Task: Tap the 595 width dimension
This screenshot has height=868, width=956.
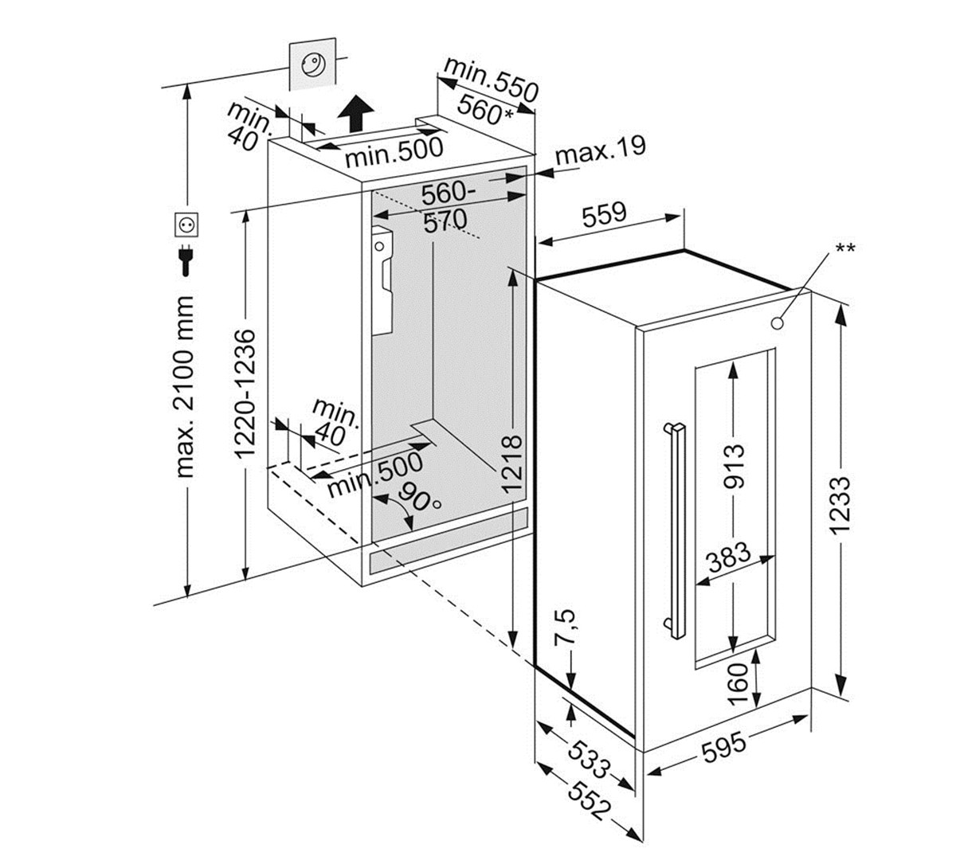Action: click(723, 748)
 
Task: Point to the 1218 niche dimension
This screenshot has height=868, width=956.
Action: click(512, 462)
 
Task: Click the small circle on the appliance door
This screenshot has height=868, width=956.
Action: click(778, 323)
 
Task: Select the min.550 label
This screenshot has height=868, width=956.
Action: click(492, 79)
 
